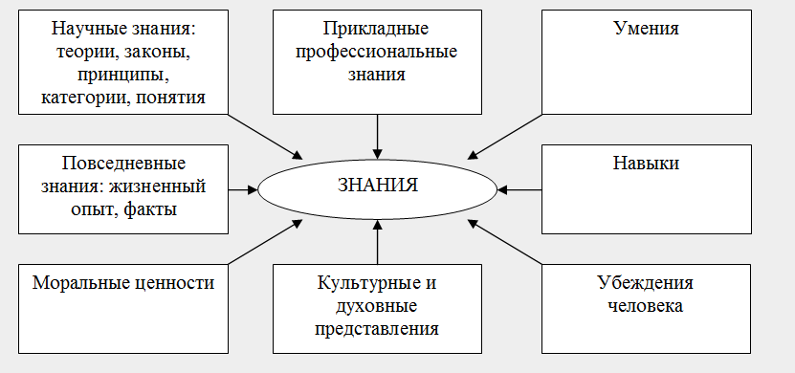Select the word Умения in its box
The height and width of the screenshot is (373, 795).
[x=646, y=29]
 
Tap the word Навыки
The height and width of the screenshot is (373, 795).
[x=646, y=164]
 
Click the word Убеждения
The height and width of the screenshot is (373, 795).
[x=646, y=284]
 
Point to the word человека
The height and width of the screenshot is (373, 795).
[x=646, y=307]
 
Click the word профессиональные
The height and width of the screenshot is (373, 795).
[x=378, y=52]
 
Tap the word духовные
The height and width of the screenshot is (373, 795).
[x=378, y=307]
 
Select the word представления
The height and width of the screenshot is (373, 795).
[x=378, y=330]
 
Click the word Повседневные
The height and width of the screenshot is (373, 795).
[x=123, y=164]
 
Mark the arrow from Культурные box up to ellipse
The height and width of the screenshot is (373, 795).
[x=378, y=241]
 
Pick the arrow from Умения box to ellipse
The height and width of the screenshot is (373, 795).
[x=504, y=137]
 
